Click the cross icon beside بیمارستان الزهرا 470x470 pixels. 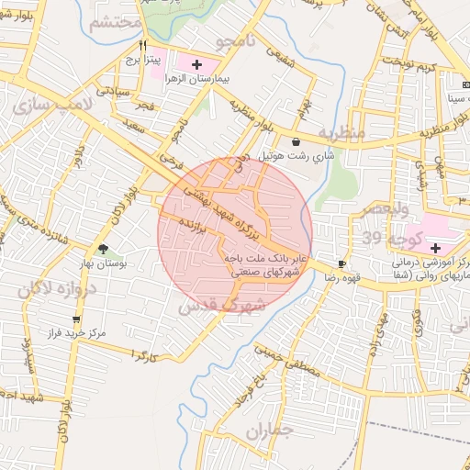click(196, 64)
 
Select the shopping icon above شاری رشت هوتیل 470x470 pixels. click(296, 142)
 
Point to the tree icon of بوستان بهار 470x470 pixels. click(103, 249)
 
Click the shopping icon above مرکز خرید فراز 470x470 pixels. click(75, 319)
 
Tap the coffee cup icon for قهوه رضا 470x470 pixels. click(342, 263)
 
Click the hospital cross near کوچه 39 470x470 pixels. click(435, 248)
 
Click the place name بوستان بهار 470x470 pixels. click(129, 263)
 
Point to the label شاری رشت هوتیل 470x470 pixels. click(299, 157)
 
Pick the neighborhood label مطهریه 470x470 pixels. click(341, 134)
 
